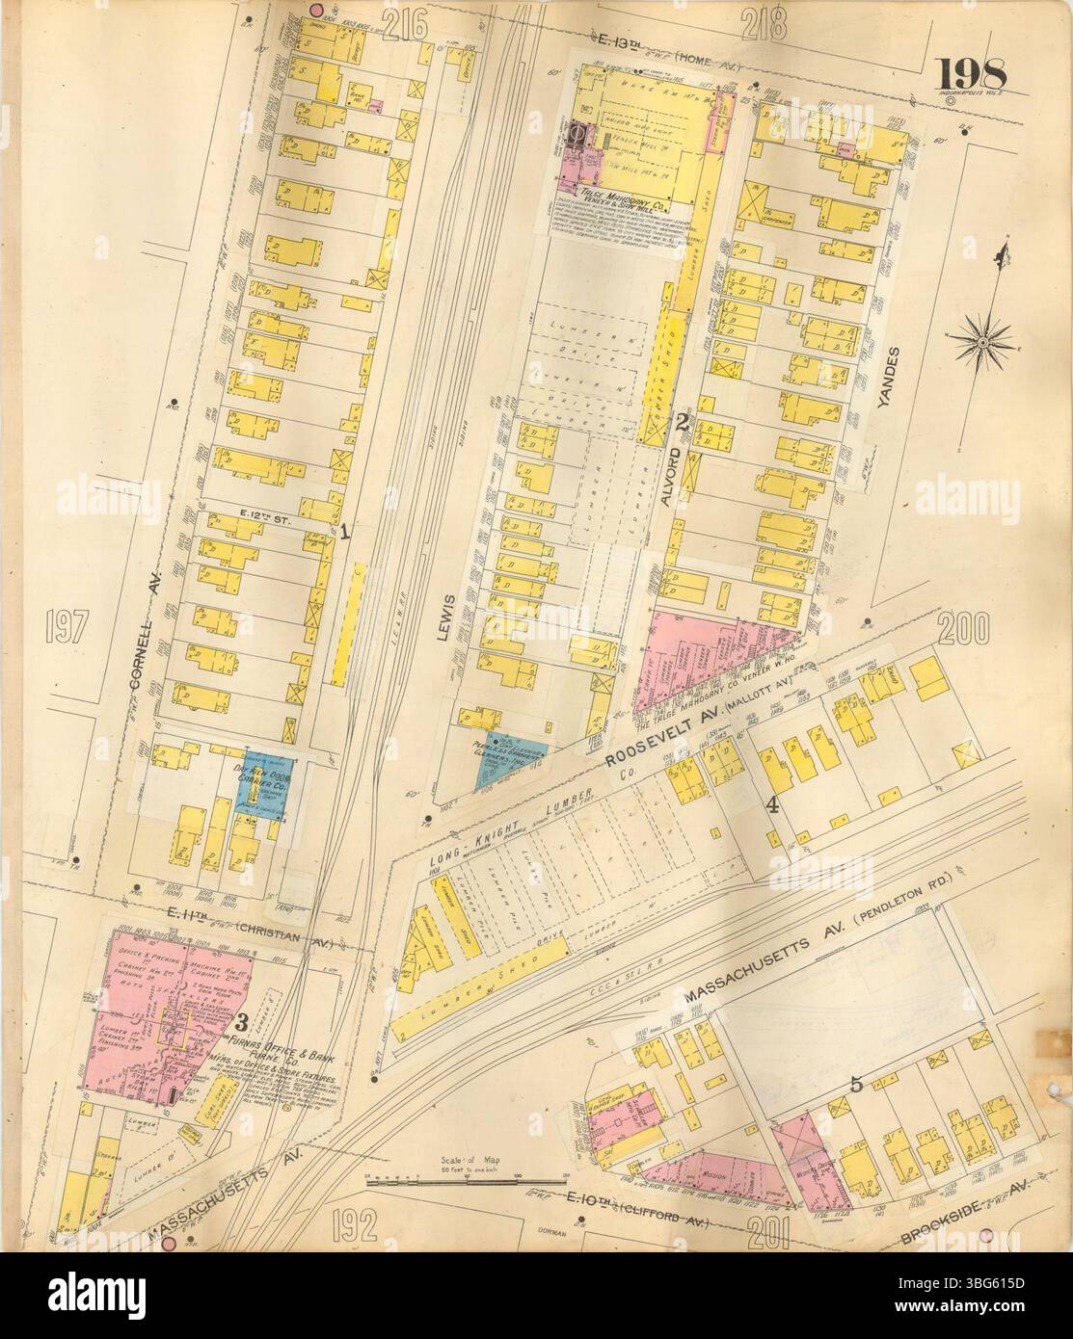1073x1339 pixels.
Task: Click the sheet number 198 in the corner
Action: click(970, 73)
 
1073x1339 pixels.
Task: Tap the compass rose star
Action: click(988, 342)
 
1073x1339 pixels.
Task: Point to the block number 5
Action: click(855, 1084)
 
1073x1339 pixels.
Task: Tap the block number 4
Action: click(771, 805)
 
